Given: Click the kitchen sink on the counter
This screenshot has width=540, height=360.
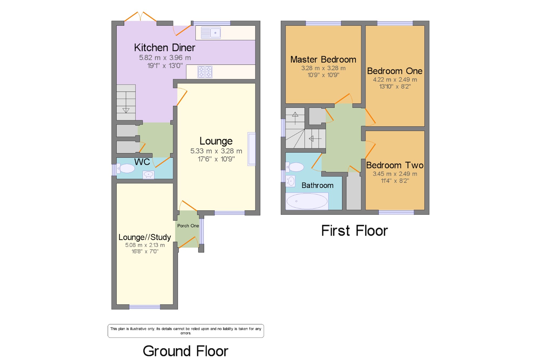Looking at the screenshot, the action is [211, 33].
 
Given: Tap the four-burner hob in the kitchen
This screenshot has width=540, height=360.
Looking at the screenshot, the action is [205, 72].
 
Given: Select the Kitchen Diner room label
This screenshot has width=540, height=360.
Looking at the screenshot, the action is [165, 48].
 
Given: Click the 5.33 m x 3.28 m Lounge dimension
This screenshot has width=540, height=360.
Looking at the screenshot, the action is [216, 151].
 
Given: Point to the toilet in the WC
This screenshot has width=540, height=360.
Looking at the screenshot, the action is [126, 168].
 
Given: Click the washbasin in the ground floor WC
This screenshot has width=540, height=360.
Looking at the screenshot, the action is [148, 175].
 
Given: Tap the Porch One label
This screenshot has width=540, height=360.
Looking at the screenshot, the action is [188, 226].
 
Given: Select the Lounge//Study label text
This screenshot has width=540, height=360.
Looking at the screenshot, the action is [145, 237].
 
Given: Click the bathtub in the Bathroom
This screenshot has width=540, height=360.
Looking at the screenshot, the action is [307, 201].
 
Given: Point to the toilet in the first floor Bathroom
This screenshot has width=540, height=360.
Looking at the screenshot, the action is [295, 167].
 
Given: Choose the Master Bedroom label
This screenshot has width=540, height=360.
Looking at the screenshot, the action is [323, 59].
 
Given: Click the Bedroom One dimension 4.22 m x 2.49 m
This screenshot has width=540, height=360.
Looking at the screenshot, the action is [395, 80].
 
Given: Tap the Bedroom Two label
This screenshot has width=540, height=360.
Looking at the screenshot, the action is [395, 165].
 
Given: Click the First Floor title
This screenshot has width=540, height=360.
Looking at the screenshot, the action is [355, 231].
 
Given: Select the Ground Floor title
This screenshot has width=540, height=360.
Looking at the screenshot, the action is [185, 351].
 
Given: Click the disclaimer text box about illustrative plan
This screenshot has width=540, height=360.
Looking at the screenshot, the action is [186, 331].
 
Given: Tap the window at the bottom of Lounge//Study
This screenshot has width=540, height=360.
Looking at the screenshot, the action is [145, 307].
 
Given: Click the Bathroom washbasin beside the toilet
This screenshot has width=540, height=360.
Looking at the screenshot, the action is [291, 181].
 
